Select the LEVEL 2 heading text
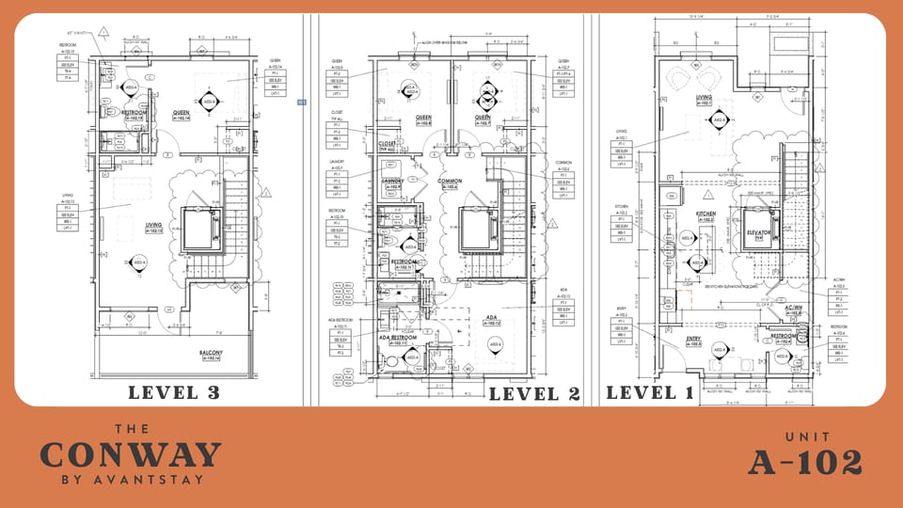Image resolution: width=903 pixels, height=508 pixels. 534,393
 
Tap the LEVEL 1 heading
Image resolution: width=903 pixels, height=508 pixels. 650,392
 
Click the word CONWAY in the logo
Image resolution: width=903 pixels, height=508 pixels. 130,455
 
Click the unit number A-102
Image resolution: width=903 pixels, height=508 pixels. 805,462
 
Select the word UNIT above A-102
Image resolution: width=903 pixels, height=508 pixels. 805,437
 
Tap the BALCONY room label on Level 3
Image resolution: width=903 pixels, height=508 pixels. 210,354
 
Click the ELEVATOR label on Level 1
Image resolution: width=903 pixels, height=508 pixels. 759,231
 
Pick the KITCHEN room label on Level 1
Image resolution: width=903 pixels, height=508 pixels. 706,214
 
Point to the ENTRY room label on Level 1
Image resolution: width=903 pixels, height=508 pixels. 693,339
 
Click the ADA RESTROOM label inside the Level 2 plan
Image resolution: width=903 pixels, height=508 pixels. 396,338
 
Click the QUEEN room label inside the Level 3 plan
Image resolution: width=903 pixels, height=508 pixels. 181,113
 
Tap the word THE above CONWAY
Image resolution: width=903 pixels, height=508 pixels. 130,428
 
